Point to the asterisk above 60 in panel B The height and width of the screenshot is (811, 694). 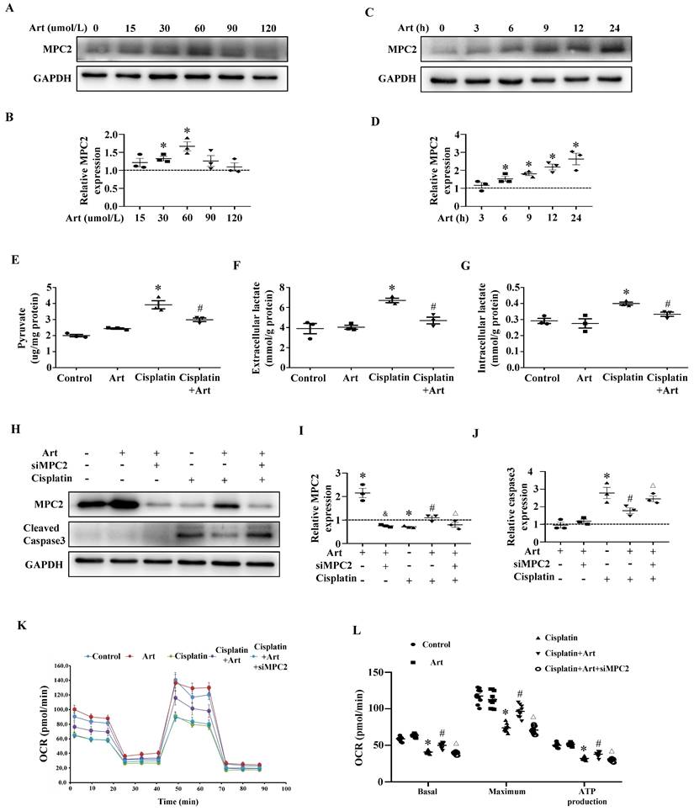coord(188,131)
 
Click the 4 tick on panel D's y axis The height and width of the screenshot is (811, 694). coord(452,135)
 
